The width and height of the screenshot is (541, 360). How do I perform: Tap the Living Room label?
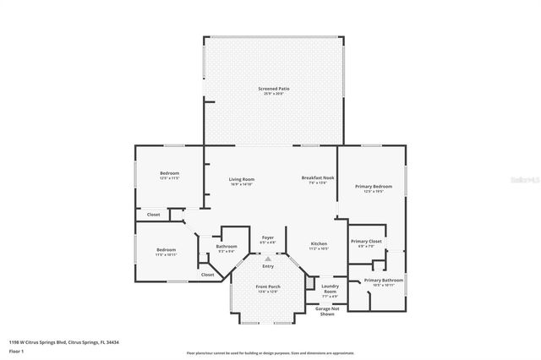click(x=242, y=179)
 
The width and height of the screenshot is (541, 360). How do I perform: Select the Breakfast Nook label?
click(x=319, y=178)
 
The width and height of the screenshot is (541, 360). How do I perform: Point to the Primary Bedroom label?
click(x=373, y=186)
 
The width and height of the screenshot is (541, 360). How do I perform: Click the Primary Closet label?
click(x=367, y=242)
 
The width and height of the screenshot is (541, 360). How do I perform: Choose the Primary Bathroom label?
click(x=383, y=280)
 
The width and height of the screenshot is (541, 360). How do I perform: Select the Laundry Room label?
click(x=330, y=287)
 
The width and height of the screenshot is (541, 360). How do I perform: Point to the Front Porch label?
click(x=268, y=287)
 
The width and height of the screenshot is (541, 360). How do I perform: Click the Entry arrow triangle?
click(x=268, y=259)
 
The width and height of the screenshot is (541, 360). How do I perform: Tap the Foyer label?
click(x=267, y=238)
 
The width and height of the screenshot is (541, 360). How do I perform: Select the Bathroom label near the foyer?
click(x=227, y=247)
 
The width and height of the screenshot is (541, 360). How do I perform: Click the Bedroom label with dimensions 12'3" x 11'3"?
click(x=169, y=174)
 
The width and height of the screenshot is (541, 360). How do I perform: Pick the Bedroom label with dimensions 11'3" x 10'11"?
click(x=166, y=250)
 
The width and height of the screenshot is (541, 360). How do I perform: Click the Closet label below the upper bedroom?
click(x=153, y=215)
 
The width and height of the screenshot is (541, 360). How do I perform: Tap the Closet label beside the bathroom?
click(x=207, y=275)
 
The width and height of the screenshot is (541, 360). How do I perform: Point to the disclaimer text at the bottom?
click(x=270, y=352)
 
